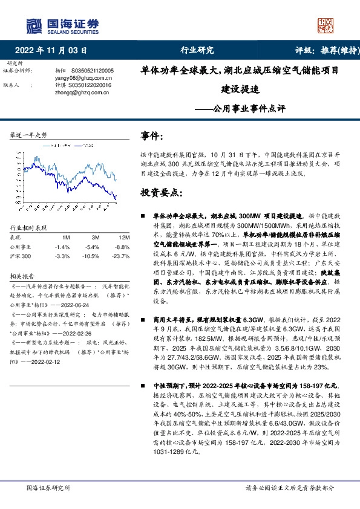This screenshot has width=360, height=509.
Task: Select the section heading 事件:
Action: (152, 137)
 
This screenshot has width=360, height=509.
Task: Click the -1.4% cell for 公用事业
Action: (62, 247)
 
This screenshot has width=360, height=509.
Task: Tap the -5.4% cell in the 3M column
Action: (93, 247)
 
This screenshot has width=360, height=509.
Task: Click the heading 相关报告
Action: (24, 273)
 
